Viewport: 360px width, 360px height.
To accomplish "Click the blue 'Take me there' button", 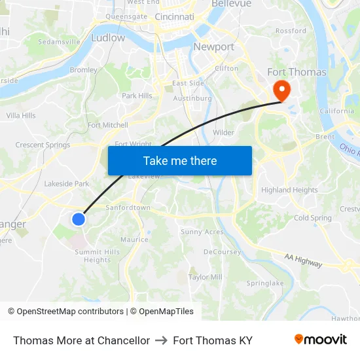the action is [x=180, y=160].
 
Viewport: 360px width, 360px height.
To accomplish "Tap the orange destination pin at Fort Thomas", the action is [x=282, y=90].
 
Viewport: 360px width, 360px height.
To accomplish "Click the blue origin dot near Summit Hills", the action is [x=79, y=219].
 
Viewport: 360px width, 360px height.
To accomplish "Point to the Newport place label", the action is [x=213, y=46].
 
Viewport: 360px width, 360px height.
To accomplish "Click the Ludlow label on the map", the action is [x=108, y=38].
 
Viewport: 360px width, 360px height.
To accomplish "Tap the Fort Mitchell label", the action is [x=108, y=125].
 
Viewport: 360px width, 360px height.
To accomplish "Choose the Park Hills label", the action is [x=137, y=96].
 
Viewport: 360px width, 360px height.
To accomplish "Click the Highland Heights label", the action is [x=289, y=190].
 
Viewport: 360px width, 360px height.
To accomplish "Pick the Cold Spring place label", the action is [x=313, y=218].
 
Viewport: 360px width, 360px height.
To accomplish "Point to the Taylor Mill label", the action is [x=206, y=277].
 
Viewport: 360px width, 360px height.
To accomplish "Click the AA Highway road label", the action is [x=304, y=260].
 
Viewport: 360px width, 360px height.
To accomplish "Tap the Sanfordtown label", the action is [x=128, y=207].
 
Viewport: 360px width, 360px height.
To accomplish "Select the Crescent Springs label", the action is [x=43, y=145].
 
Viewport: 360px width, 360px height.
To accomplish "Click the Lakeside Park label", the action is [x=67, y=184].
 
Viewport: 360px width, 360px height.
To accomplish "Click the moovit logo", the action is [x=321, y=340].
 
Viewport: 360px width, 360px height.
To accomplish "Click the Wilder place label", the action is [x=223, y=132].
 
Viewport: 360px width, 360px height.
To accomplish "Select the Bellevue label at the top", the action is [x=230, y=4].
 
